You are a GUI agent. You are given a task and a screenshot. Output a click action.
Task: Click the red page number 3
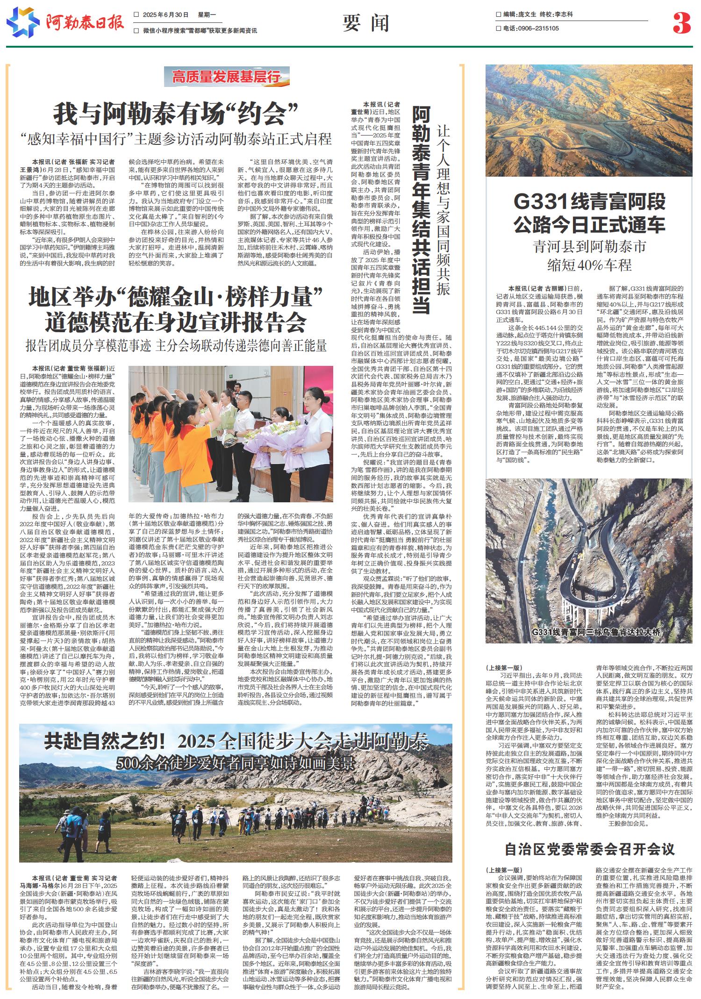[681, 23]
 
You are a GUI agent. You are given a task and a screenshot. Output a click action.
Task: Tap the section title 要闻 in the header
[365, 22]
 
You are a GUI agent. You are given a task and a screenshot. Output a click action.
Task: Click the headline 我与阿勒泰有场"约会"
[176, 114]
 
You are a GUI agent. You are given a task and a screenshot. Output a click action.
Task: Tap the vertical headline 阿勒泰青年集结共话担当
[422, 210]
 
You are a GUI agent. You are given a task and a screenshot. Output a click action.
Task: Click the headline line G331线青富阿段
[589, 202]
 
